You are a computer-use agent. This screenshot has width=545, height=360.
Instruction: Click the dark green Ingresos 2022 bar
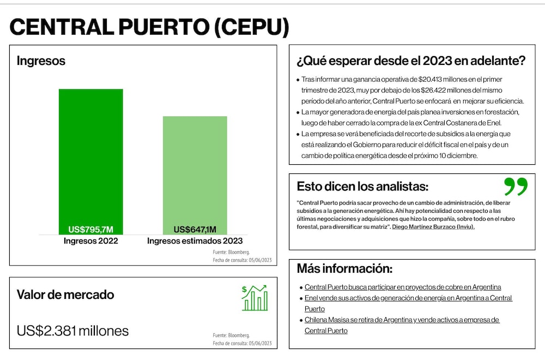(90, 162)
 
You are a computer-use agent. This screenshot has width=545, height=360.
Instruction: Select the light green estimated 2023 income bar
(195, 175)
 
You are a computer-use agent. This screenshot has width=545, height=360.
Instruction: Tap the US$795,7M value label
(90, 230)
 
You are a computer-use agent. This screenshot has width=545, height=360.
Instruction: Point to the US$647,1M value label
(195, 230)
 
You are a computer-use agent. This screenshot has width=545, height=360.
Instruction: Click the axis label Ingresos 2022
(90, 241)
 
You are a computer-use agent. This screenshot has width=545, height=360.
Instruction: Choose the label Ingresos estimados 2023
(195, 241)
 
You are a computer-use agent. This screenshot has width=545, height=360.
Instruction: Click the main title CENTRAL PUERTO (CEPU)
(149, 27)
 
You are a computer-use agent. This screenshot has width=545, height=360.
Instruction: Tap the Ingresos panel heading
(41, 61)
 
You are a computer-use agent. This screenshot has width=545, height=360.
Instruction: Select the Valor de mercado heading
(65, 295)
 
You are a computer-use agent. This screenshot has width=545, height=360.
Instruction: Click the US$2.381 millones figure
(72, 331)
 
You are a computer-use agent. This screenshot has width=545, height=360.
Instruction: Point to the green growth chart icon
(255, 298)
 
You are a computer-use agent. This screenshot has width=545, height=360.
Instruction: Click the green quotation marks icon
(516, 187)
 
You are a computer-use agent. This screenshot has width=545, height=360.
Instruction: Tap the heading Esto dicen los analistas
(362, 187)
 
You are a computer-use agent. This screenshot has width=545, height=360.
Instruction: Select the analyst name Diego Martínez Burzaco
(423, 227)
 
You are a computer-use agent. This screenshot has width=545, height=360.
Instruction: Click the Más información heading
(344, 268)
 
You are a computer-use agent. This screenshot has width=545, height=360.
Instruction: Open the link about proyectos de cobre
(403, 287)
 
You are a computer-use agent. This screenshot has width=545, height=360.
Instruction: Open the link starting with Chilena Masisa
(402, 325)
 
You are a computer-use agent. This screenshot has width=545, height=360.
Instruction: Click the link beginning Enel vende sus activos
(408, 303)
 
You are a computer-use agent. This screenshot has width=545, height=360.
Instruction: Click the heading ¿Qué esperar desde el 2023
(411, 61)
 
